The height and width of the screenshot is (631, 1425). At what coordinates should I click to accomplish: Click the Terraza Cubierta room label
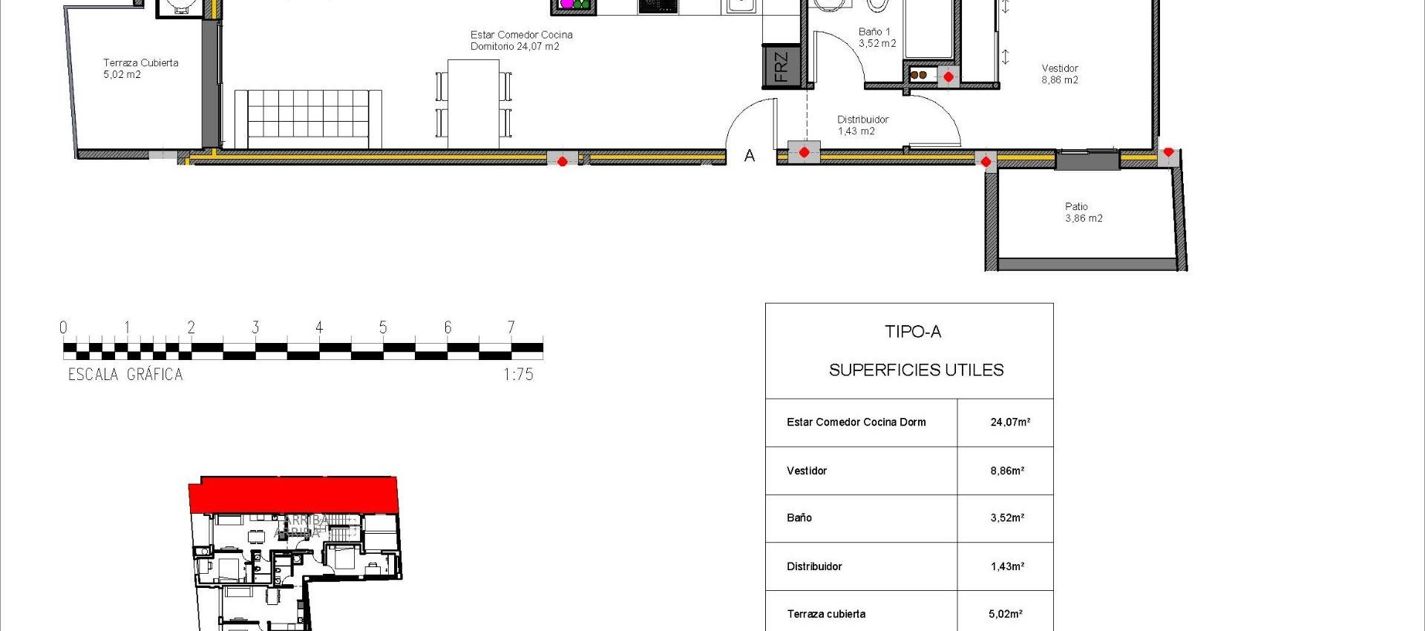click(x=140, y=68)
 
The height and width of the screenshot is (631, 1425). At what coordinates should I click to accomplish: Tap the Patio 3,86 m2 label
click(x=1083, y=212)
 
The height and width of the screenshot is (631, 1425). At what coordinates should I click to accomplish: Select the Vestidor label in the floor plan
click(x=1059, y=74)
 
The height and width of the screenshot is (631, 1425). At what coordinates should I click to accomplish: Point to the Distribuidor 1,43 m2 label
click(x=862, y=125)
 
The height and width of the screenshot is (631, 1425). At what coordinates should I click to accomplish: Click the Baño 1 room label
click(x=876, y=37)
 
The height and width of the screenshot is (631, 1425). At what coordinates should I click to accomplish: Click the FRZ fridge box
click(x=780, y=66)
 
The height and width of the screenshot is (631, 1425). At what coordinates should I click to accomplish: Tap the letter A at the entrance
click(x=750, y=156)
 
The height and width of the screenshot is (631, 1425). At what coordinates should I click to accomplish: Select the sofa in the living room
click(x=308, y=119)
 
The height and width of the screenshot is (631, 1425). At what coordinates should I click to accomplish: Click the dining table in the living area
click(x=474, y=103)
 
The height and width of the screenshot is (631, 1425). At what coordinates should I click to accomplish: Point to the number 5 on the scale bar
click(x=383, y=327)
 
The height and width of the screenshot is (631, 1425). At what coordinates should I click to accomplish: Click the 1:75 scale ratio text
click(x=518, y=375)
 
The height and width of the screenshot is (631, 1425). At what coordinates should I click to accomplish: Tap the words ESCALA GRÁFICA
click(x=125, y=375)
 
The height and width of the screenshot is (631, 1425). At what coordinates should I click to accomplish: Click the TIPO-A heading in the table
click(x=912, y=332)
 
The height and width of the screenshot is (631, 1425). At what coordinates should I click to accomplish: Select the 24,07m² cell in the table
click(x=1009, y=422)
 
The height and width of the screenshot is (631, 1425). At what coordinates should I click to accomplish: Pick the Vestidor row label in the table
click(x=806, y=471)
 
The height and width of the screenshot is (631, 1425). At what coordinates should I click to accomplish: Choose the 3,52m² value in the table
click(x=1006, y=518)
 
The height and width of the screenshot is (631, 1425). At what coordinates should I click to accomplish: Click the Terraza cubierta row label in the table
click(x=825, y=614)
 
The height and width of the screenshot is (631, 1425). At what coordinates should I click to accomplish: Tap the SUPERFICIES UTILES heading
click(x=916, y=370)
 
